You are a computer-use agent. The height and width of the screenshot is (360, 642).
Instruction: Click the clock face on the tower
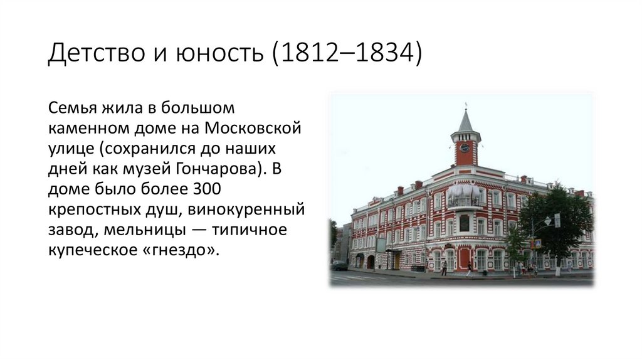[x=465, y=148]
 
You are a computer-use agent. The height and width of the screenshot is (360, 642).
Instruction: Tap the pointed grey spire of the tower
[x=465, y=120]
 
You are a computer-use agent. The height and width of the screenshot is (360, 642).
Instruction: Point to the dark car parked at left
[x=339, y=265]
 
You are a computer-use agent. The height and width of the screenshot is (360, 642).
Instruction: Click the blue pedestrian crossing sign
[x=538, y=243]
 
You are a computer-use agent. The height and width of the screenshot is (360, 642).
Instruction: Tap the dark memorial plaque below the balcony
[x=464, y=223]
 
